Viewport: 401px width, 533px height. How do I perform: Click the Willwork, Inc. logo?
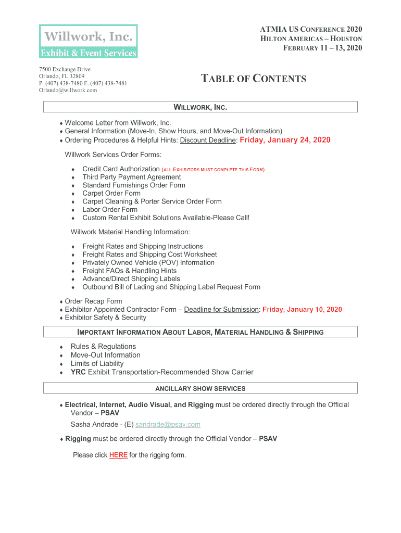(x=89, y=41)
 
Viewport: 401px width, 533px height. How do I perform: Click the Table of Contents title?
(x=254, y=79)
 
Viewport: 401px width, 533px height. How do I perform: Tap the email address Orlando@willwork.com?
(x=68, y=90)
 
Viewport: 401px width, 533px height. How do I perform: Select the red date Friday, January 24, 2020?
(x=284, y=140)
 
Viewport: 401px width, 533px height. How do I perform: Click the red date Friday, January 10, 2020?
(x=302, y=310)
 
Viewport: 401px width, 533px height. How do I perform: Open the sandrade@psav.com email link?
(x=167, y=424)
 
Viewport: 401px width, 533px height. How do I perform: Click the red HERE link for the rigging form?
(x=118, y=455)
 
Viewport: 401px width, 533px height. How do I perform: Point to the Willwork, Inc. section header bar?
(x=200, y=107)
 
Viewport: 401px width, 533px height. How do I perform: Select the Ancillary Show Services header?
(x=200, y=388)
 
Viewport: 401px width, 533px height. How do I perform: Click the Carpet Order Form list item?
(x=111, y=193)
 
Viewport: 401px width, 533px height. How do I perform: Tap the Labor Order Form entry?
(x=110, y=210)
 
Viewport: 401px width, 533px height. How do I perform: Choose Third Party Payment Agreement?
(x=131, y=177)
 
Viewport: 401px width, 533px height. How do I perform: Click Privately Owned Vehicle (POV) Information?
(x=148, y=262)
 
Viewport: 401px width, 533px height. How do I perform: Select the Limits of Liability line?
(x=97, y=363)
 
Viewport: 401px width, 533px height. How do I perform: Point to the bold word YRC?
(x=78, y=372)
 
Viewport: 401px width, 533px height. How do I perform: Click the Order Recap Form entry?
(x=93, y=301)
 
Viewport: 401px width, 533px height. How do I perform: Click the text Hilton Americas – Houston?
(x=311, y=39)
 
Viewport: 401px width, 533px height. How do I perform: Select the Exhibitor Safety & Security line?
(x=105, y=318)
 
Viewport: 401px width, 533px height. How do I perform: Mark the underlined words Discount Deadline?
(x=208, y=140)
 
